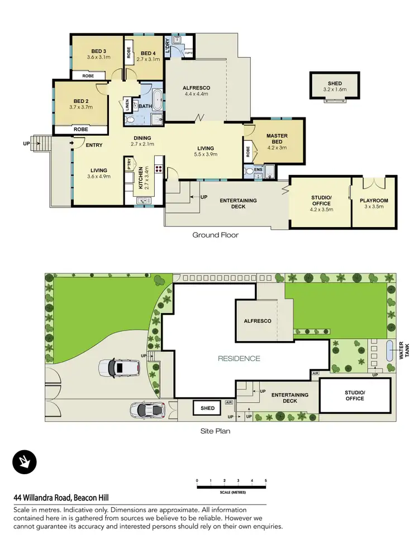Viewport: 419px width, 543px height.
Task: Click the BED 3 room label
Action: pyautogui.click(x=97, y=50)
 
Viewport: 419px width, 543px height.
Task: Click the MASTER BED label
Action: pyautogui.click(x=277, y=139)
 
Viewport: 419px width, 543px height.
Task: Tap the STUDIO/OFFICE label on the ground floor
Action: pyautogui.click(x=321, y=200)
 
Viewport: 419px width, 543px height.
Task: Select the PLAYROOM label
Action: pyautogui.click(x=374, y=201)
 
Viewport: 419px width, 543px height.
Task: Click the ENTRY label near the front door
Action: pyautogui.click(x=94, y=145)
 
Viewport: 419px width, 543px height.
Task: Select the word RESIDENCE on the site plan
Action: pyautogui.click(x=239, y=358)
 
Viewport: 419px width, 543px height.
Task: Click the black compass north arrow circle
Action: pyautogui.click(x=24, y=461)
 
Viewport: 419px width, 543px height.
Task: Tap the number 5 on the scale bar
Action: pyautogui.click(x=266, y=481)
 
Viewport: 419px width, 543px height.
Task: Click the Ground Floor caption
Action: pyautogui.click(x=215, y=235)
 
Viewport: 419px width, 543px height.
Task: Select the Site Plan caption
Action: pyautogui.click(x=215, y=431)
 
